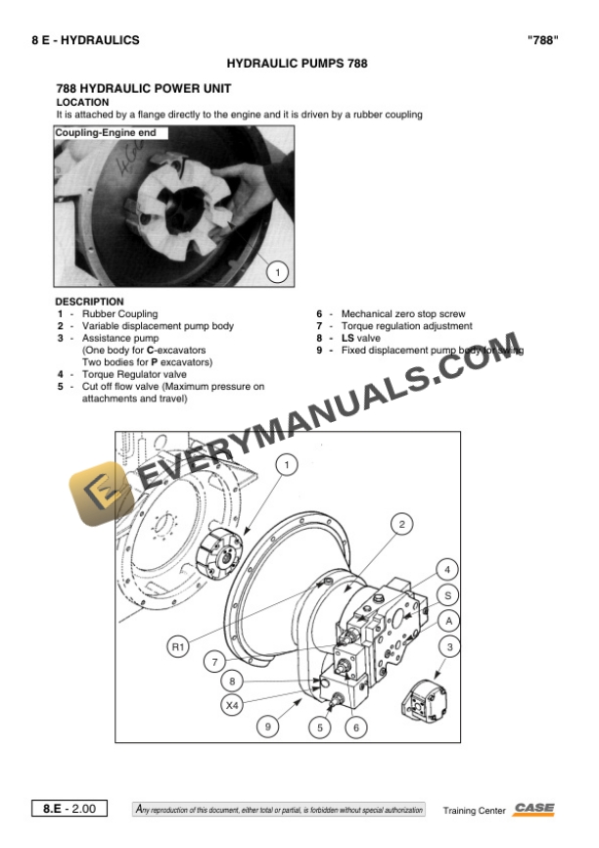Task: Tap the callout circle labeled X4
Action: (232, 704)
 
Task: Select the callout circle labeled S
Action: (447, 594)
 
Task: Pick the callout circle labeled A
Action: (447, 621)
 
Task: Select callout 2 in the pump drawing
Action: (400, 525)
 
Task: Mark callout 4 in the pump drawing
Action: (447, 569)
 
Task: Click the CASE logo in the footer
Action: (534, 809)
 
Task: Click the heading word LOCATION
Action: (82, 102)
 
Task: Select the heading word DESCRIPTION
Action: (89, 302)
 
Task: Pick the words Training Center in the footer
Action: (474, 811)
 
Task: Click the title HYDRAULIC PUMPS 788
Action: (297, 63)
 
